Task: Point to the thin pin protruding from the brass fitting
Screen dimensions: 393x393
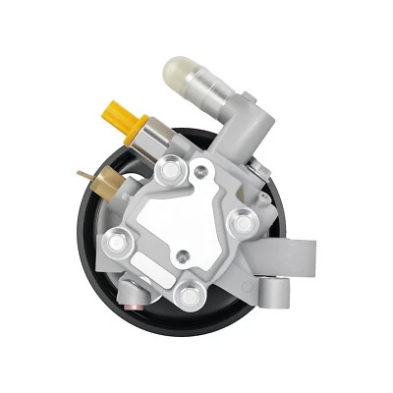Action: click(x=82, y=178)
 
